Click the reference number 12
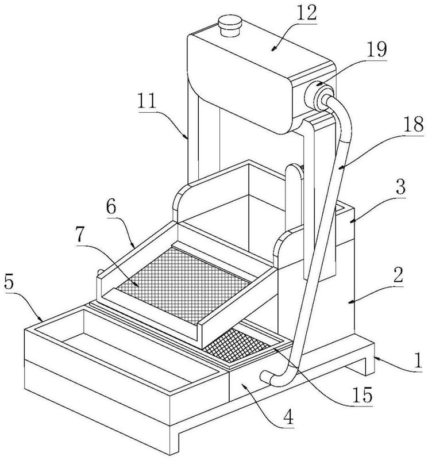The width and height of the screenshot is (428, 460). point(307,13)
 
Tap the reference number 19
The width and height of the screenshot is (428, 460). point(377,49)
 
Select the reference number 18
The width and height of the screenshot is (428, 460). point(414,124)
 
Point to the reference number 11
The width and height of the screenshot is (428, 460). point(147,101)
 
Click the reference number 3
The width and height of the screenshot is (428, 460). point(400,186)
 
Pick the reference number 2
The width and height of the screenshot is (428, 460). point(398,274)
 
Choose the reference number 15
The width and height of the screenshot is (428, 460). point(363,395)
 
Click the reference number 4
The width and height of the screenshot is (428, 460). point(288,417)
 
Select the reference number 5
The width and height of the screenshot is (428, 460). point(9,282)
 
